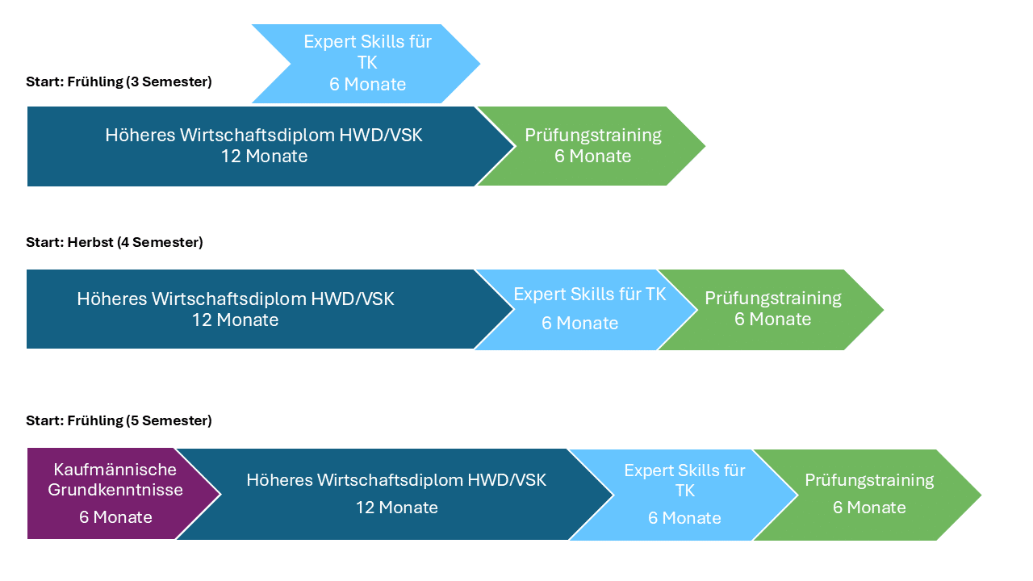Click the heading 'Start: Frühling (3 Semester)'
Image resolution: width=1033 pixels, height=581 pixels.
click(x=119, y=82)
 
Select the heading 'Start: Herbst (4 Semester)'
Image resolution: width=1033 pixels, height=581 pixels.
click(x=114, y=242)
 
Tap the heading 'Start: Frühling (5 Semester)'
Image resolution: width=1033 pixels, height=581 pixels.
click(x=119, y=420)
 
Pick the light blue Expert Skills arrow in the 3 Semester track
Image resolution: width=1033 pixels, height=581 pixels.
click(x=367, y=64)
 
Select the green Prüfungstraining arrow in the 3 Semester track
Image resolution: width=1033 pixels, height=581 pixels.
click(x=592, y=146)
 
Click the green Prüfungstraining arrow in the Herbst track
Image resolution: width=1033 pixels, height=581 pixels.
click(x=772, y=309)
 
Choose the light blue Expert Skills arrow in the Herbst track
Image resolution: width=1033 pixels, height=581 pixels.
click(x=589, y=309)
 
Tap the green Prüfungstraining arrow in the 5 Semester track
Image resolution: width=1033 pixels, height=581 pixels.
click(x=868, y=494)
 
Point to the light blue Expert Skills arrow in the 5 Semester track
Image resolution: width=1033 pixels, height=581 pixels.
click(x=684, y=494)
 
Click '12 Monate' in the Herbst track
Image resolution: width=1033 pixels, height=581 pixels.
click(x=235, y=320)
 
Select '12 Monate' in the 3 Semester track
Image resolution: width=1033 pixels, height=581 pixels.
click(x=264, y=157)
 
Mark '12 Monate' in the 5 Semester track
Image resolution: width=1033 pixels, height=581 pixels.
click(x=396, y=508)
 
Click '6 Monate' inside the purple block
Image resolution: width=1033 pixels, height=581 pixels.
click(x=115, y=517)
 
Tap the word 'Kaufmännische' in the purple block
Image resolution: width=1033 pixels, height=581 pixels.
click(x=115, y=469)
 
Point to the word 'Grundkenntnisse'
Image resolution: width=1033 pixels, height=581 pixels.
click(x=115, y=490)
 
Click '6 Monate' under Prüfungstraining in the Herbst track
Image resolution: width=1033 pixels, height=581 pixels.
click(x=772, y=320)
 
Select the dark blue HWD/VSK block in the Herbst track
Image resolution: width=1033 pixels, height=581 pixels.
click(x=242, y=309)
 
